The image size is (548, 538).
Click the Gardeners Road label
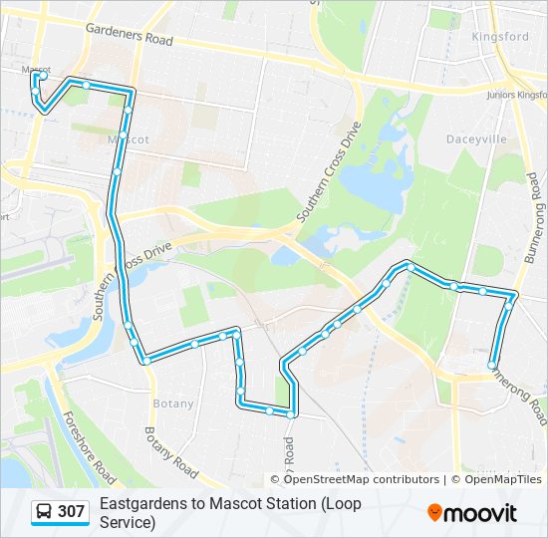[130, 37]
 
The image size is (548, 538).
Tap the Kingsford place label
[500, 37]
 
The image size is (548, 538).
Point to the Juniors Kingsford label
[517, 95]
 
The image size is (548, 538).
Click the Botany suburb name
[173, 403]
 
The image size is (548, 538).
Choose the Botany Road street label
[170, 449]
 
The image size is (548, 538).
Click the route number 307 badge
[71, 512]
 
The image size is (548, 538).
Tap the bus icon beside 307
[45, 512]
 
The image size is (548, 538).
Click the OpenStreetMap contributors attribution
[362, 479]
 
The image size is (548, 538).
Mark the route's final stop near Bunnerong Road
[490, 366]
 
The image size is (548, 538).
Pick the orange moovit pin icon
[434, 513]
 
